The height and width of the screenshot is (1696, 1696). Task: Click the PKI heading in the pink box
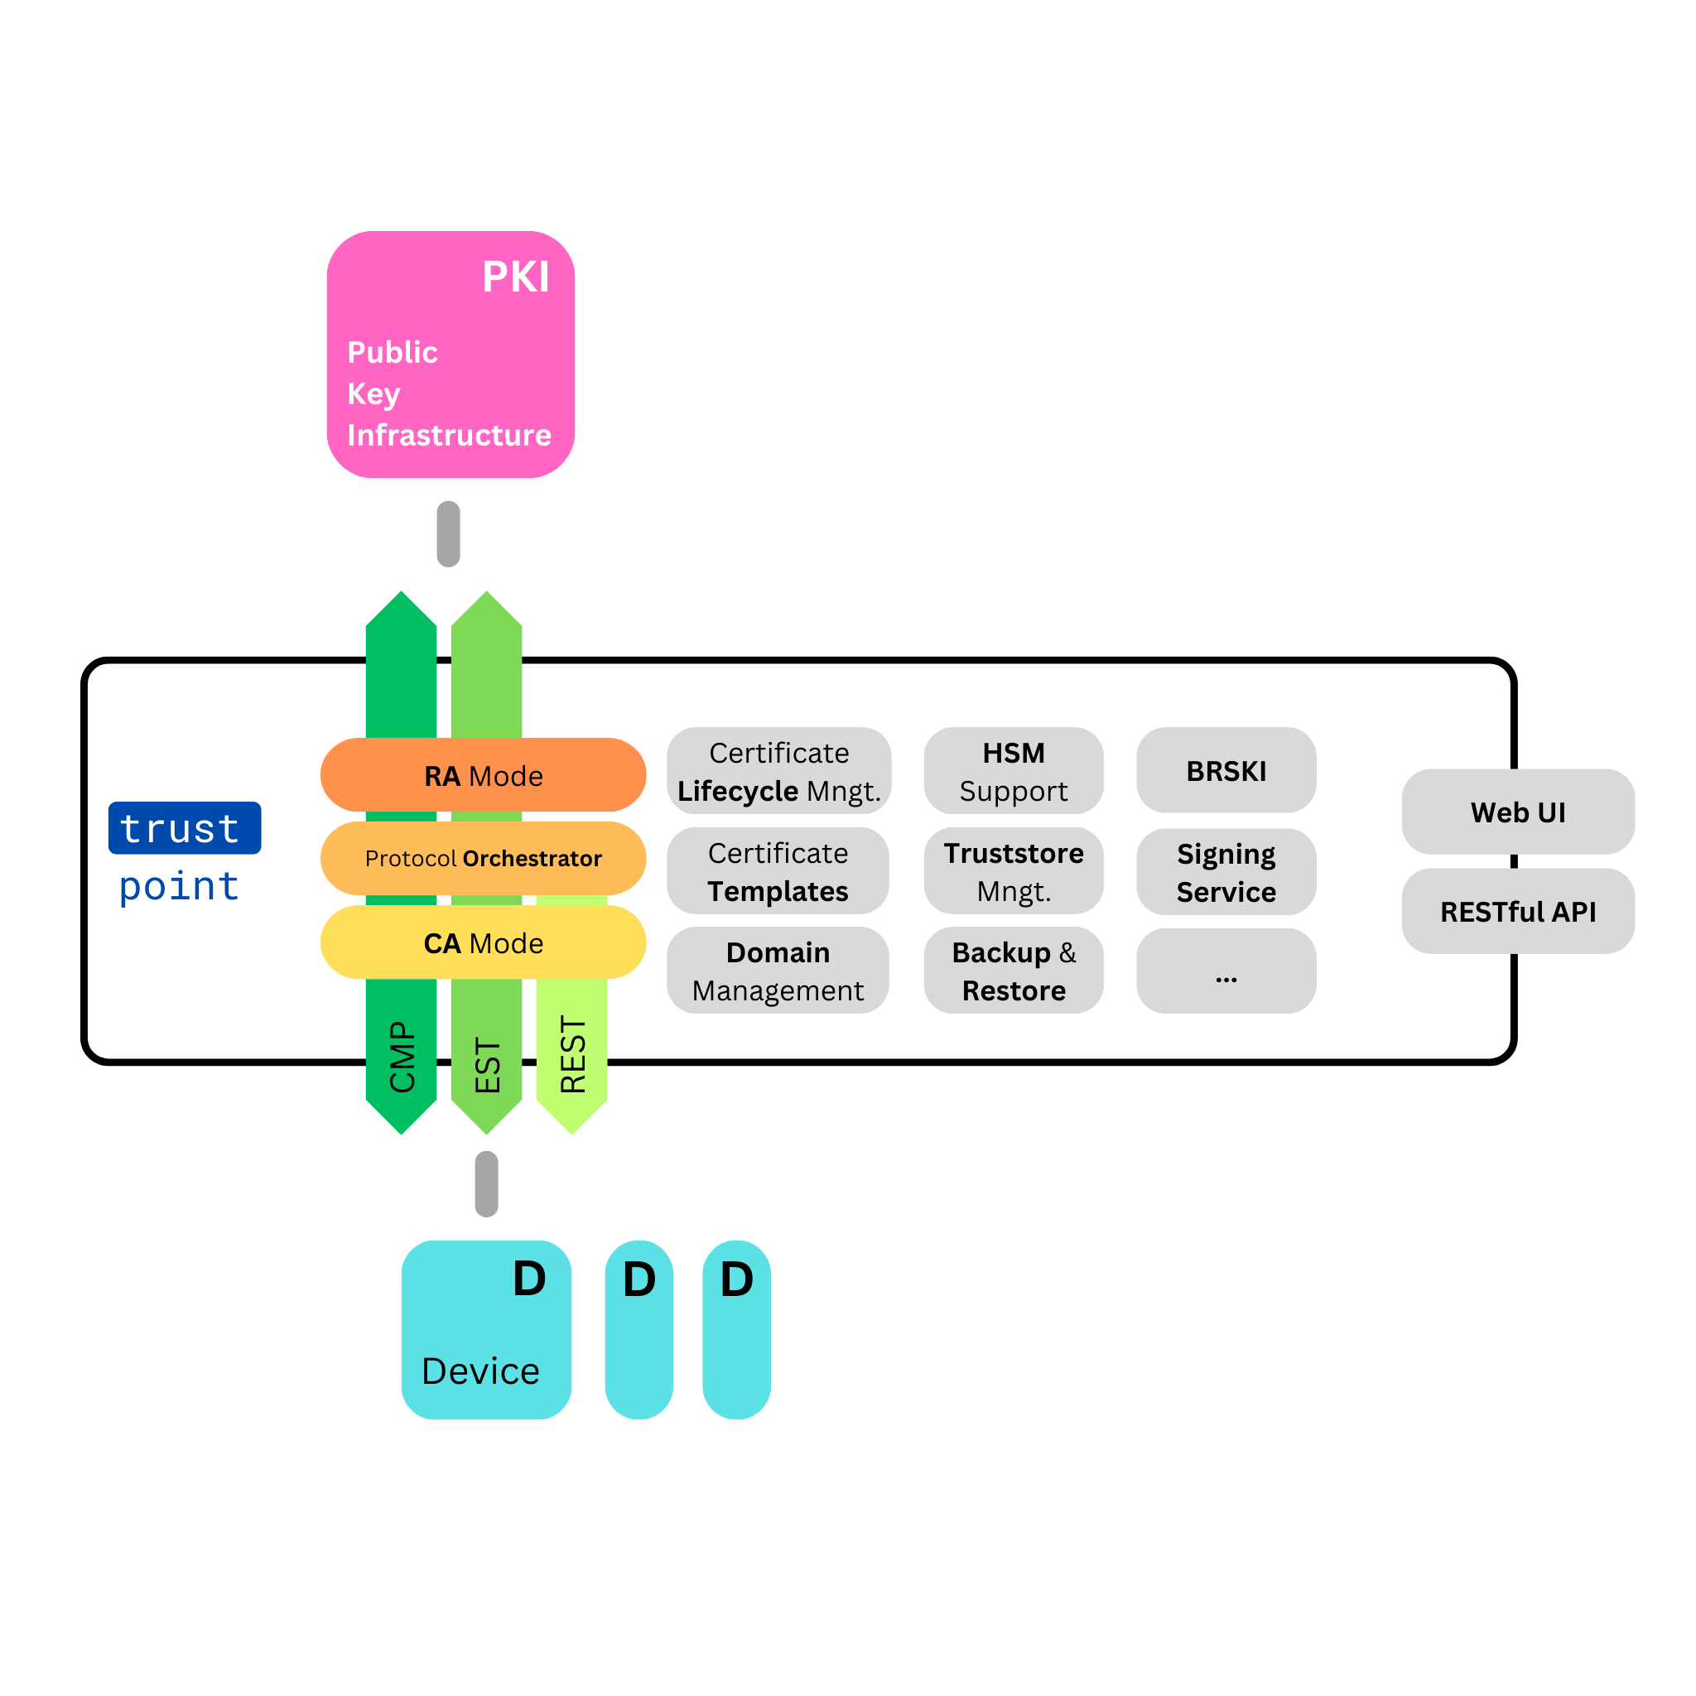[515, 277]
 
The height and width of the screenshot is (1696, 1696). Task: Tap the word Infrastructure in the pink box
[449, 436]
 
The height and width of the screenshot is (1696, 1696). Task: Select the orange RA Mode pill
[483, 775]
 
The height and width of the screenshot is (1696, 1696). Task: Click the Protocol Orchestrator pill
[483, 858]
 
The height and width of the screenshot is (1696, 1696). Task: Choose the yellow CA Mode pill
[483, 942]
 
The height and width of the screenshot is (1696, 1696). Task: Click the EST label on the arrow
[487, 1066]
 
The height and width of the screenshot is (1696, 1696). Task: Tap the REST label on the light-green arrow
[572, 1054]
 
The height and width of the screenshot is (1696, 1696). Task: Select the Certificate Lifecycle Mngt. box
[778, 771]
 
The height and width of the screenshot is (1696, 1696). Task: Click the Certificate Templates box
[778, 871]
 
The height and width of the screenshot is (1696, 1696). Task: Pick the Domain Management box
[778, 970]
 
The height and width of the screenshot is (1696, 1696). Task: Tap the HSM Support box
[1013, 771]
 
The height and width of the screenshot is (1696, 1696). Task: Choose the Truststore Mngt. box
[1013, 871]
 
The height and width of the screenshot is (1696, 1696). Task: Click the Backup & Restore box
[1013, 970]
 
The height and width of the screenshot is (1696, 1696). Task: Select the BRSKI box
[1226, 770]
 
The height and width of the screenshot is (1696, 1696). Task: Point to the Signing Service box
[1226, 872]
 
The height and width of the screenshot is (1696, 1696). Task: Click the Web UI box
[1518, 812]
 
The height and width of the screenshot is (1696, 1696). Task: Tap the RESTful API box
[1518, 911]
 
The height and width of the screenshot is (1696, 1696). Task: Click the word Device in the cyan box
[480, 1371]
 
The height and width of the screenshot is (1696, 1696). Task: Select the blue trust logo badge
[185, 828]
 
